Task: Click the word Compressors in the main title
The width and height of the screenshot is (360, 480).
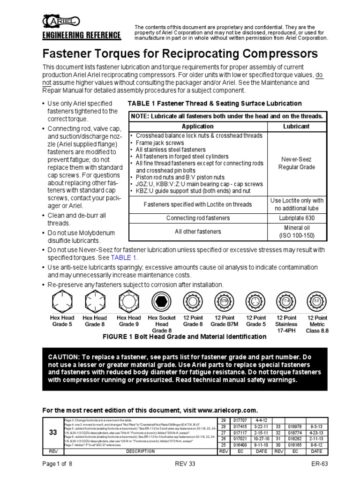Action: click(x=277, y=52)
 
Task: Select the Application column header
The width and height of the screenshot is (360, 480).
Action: click(x=197, y=126)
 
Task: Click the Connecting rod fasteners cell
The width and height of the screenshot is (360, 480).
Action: click(x=198, y=218)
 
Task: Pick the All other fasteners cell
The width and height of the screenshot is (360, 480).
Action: click(x=198, y=232)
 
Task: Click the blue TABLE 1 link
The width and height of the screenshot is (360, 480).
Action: click(x=124, y=258)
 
